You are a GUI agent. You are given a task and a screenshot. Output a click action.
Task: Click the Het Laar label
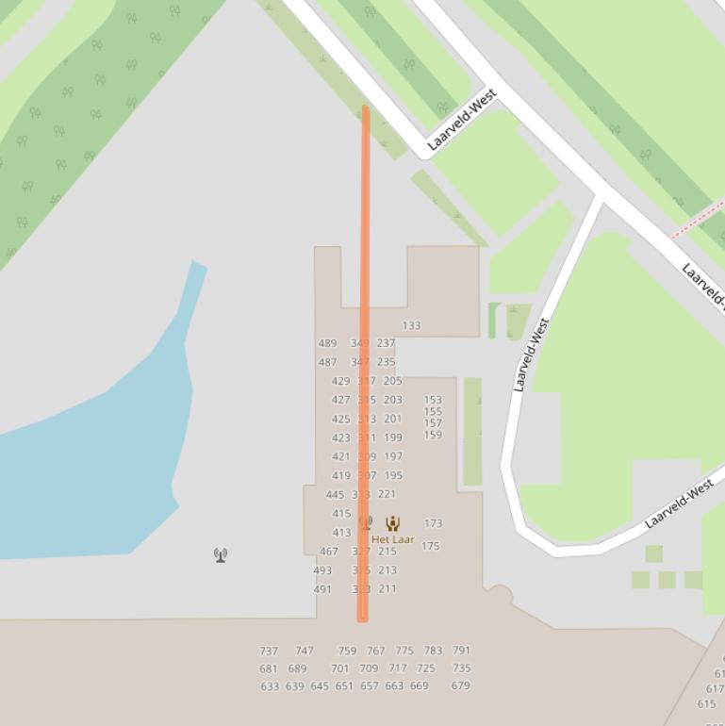(392, 539)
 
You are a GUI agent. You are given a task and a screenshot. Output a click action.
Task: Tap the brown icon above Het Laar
(392, 523)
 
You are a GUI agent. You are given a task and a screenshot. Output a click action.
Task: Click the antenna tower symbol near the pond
(221, 555)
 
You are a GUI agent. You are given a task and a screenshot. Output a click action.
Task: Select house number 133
(411, 325)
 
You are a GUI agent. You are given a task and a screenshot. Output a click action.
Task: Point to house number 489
(327, 343)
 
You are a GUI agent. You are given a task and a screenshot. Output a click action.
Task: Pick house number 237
(386, 343)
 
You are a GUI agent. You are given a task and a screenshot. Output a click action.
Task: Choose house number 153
(433, 400)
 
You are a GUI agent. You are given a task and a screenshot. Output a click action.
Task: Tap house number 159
(433, 435)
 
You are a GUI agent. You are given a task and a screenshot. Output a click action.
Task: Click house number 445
(335, 494)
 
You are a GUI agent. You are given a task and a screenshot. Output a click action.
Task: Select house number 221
(387, 494)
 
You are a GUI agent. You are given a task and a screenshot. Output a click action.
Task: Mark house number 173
(433, 522)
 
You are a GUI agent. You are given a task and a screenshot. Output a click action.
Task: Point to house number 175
(431, 546)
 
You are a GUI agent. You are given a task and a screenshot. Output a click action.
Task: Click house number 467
(328, 552)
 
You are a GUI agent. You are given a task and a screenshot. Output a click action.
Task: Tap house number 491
(322, 589)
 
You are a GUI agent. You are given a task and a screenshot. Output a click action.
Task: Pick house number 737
(269, 651)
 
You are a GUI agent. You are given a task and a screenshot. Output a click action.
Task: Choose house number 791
(461, 651)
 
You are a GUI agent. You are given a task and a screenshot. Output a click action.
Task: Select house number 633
(270, 686)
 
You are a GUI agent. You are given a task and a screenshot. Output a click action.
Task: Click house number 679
(460, 685)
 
